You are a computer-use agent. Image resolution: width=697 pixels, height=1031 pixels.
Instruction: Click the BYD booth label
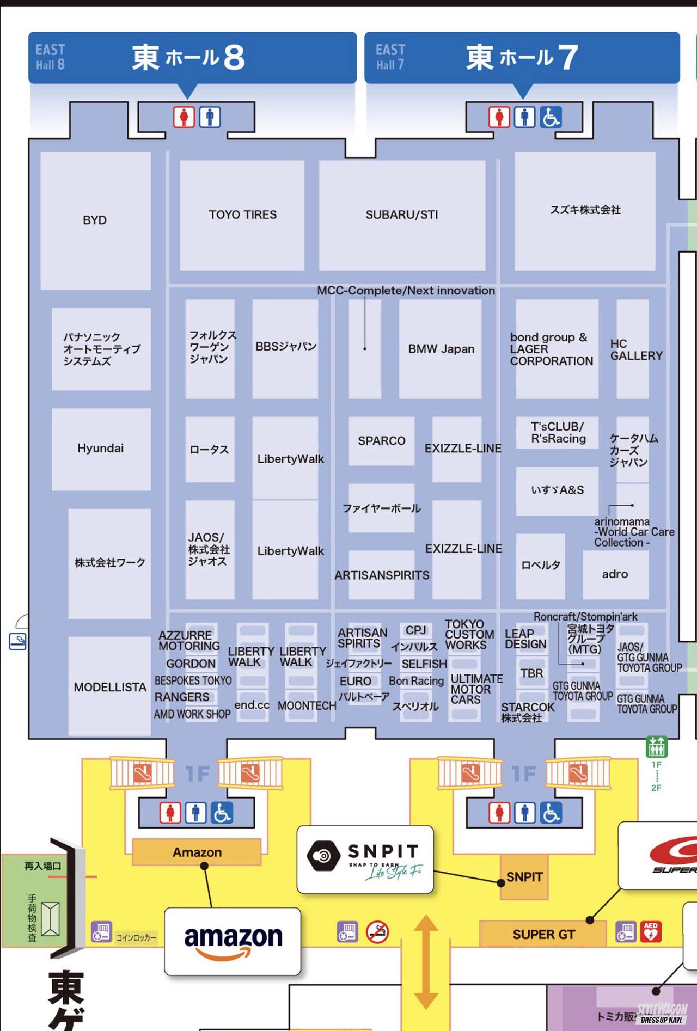point(95,220)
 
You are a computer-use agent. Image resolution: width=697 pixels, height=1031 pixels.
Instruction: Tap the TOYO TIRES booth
point(242,215)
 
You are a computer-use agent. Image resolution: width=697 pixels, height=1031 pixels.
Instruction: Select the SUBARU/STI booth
point(402,215)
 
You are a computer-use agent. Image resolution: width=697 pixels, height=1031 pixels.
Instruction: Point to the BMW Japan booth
point(441,349)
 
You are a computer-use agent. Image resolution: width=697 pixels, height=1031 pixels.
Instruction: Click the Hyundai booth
point(101,449)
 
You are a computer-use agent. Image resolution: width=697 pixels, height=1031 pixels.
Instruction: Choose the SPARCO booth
point(381,441)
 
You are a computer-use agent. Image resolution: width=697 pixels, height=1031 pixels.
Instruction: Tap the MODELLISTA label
point(110,687)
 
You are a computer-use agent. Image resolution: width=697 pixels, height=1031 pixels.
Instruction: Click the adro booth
point(615,574)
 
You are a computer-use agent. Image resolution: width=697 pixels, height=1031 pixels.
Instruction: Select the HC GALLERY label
point(636,350)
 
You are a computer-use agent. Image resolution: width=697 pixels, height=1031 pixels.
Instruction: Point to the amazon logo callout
point(233,940)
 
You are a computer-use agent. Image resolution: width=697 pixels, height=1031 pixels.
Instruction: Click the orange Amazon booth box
point(197,852)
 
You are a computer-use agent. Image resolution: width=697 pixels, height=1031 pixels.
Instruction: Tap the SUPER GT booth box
point(543,935)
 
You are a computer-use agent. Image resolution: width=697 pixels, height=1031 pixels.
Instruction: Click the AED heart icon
point(651,932)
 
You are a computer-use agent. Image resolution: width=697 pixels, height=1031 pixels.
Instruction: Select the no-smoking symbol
point(377,932)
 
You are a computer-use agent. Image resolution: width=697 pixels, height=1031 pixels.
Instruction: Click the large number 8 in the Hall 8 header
point(234,58)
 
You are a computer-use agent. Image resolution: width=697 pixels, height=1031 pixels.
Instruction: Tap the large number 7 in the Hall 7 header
point(567,58)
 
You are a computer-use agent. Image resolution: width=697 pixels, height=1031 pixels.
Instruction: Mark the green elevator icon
point(656,746)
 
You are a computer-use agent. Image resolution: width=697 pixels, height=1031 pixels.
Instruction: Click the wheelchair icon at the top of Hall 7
point(551,117)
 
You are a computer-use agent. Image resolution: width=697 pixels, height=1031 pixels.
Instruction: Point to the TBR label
point(531,674)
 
